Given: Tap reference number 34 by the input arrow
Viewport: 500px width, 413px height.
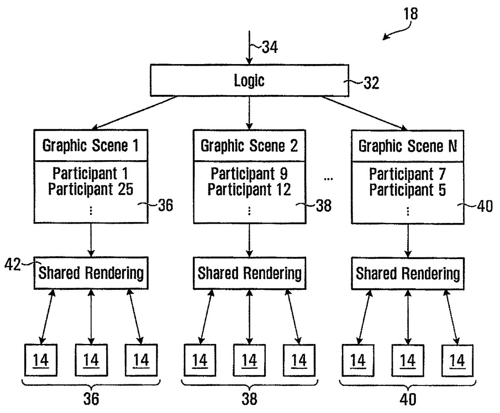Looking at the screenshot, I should [270, 47].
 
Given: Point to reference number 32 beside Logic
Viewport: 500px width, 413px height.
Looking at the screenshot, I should [370, 83].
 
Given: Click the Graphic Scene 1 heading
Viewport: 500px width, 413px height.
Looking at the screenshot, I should [91, 146].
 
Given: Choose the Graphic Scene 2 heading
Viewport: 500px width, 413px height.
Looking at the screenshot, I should [249, 146].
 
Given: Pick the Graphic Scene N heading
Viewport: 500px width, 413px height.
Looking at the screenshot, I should [407, 146].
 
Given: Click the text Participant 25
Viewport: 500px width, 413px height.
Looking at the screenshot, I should [91, 189].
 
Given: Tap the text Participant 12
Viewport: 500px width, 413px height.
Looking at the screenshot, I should [249, 189].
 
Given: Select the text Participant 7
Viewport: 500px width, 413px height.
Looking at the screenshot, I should [407, 173].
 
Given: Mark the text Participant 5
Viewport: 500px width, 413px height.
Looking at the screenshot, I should [407, 189].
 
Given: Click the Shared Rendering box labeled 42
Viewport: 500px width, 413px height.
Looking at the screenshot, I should [91, 273].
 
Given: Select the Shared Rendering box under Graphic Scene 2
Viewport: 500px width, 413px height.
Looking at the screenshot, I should [249, 273].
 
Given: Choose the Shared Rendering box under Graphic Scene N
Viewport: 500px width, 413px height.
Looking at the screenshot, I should [407, 273].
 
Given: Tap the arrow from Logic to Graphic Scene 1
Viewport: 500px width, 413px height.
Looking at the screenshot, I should [135, 113].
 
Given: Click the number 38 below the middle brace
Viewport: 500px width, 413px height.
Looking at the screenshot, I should [249, 399].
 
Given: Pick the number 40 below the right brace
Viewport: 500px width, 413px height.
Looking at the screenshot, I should [407, 399].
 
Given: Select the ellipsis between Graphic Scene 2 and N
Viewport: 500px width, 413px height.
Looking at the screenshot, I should [328, 179].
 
